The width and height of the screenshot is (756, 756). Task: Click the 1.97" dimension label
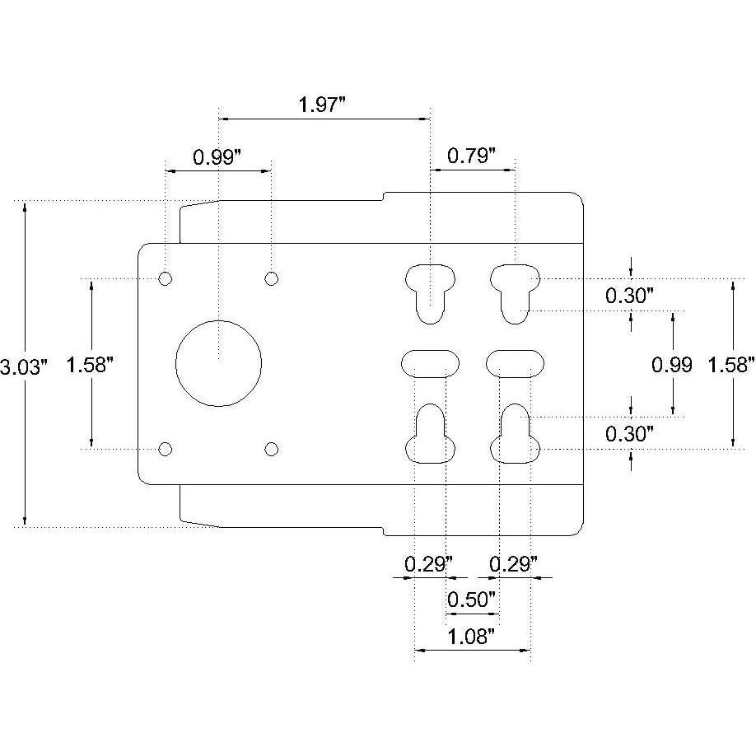point(323,105)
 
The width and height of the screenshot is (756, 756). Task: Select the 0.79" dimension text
point(471,155)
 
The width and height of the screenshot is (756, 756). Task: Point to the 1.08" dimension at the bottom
point(471,636)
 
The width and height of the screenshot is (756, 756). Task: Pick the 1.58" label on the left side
point(90,365)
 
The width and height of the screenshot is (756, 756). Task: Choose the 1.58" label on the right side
point(731,365)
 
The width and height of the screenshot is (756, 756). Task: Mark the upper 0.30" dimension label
point(630,296)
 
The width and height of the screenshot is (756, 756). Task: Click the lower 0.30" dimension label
point(630,433)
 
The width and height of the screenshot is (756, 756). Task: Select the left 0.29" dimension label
point(428,564)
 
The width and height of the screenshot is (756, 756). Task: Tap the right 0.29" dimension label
point(514,564)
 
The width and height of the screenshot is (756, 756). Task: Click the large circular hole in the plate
point(218,362)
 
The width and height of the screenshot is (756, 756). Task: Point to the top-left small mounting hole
point(166,278)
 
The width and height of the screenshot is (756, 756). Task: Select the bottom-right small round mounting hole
point(272,449)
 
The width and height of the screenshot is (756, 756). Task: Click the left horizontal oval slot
point(430,362)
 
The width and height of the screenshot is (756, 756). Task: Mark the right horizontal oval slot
point(516,362)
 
